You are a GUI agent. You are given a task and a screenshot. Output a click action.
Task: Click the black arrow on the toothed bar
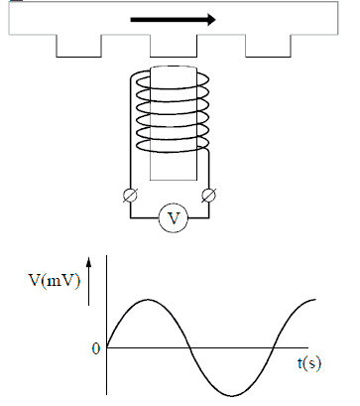coord(173,20)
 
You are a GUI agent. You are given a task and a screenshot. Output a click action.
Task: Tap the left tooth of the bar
coord(78,46)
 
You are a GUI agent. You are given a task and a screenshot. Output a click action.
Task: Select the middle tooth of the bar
coord(174,46)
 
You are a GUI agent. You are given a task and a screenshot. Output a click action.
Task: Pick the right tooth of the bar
coord(268,46)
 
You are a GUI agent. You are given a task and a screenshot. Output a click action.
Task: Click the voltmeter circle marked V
coord(174,218)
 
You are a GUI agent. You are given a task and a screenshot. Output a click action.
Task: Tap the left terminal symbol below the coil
coord(130,196)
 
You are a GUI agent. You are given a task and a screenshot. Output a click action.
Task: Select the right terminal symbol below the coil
coord(209,196)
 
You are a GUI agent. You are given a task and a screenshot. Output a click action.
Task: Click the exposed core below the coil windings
coord(174,167)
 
